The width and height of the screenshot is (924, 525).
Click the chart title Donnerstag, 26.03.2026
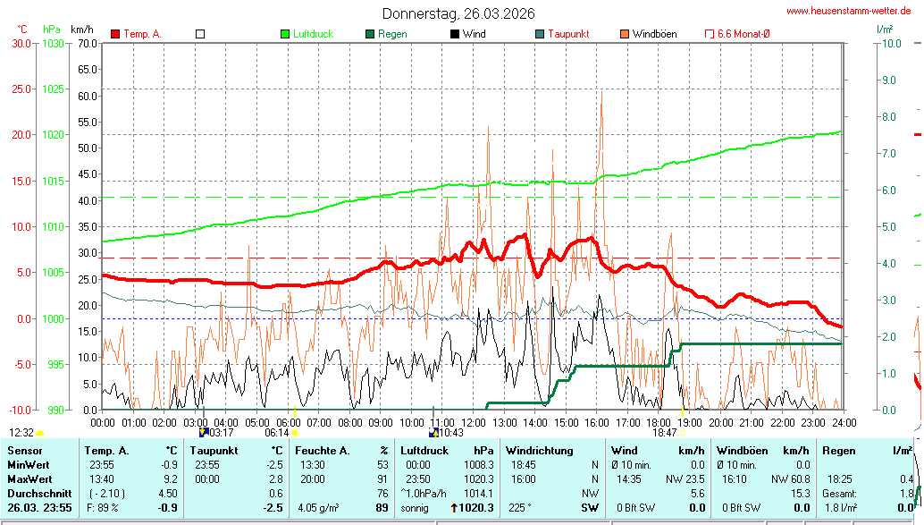458,13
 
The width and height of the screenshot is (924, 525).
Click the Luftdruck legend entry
313,34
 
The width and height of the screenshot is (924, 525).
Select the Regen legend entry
392,34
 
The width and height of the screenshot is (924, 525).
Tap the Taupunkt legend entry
567,34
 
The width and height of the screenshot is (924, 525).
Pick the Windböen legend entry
654,34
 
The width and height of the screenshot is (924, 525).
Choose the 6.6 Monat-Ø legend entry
743,34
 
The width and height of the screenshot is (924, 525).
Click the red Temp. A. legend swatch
115,34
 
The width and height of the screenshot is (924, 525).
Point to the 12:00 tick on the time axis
474,422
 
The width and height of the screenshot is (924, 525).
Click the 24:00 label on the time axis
844,422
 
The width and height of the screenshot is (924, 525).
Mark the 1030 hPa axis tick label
53,43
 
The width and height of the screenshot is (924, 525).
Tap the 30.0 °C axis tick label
21,43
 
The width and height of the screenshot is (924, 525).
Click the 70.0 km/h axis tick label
87,43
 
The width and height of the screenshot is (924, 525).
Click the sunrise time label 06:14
277,433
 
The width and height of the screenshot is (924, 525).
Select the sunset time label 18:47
664,433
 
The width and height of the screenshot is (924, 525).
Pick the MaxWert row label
29,479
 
